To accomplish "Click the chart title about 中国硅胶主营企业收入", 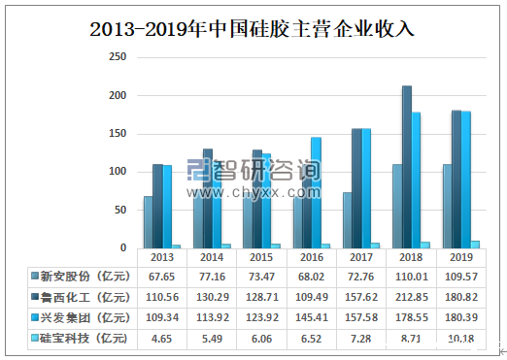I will pyautogui.click(x=253, y=28).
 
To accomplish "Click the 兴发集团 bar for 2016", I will pyautogui.click(x=315, y=192).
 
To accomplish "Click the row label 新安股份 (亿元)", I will pyautogui.click(x=79, y=277).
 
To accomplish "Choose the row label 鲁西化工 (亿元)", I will pyautogui.click(x=79, y=297).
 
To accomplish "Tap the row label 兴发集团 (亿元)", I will pyautogui.click(x=79, y=317).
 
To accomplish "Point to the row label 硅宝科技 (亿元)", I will pyautogui.click(x=79, y=339).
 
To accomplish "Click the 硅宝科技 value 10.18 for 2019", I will pyautogui.click(x=460, y=339).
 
